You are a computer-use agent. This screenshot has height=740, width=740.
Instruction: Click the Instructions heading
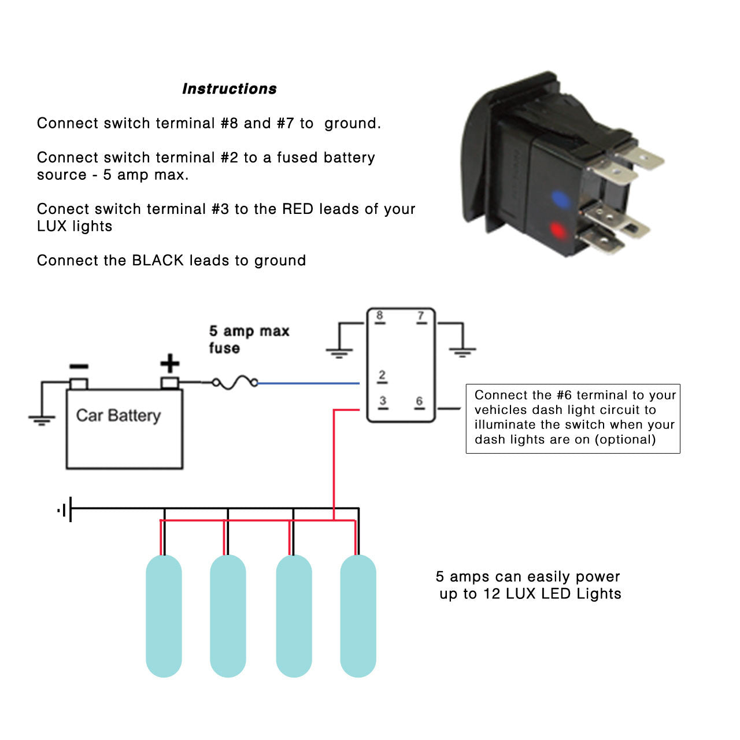coord(229,88)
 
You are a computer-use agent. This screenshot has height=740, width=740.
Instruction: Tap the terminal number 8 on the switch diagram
coord(379,316)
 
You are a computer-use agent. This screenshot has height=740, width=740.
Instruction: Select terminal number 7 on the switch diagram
coord(421,316)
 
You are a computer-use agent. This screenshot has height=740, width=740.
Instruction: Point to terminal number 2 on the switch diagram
coord(382,375)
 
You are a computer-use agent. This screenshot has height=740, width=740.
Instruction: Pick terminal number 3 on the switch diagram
coord(383,401)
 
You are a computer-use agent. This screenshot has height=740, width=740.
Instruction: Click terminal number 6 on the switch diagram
coord(419,401)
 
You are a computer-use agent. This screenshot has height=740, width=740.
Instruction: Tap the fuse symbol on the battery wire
coord(235,382)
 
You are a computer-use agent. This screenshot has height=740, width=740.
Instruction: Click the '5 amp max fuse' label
coord(249,339)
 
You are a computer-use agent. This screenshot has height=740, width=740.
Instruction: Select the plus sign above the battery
coord(169,364)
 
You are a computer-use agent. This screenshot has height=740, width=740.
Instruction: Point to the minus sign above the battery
coord(79,367)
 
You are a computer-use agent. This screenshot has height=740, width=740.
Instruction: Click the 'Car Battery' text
coord(119,415)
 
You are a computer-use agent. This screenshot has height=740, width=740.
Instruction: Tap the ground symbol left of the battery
coord(42,419)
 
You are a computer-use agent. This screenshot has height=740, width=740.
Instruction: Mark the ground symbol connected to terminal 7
coord(462,351)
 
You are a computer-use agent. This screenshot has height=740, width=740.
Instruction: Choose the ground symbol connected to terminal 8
coord(339,351)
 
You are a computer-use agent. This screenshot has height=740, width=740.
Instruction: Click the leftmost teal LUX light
coord(164,616)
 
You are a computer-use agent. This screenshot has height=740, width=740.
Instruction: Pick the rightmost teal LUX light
coord(358,616)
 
